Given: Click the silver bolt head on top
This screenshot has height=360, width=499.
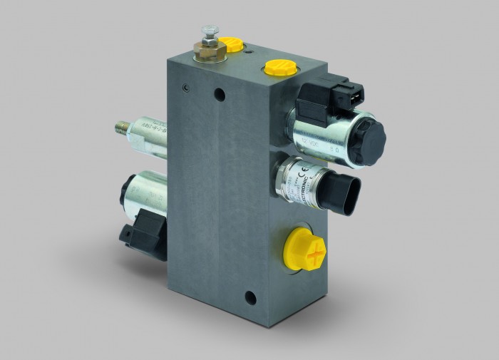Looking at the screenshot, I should click(209, 32).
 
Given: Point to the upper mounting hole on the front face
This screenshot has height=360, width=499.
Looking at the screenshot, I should click(220, 93).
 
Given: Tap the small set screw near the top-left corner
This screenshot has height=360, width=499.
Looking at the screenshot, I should click(185, 88).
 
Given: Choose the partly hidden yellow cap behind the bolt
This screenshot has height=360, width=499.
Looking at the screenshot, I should click(228, 43).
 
